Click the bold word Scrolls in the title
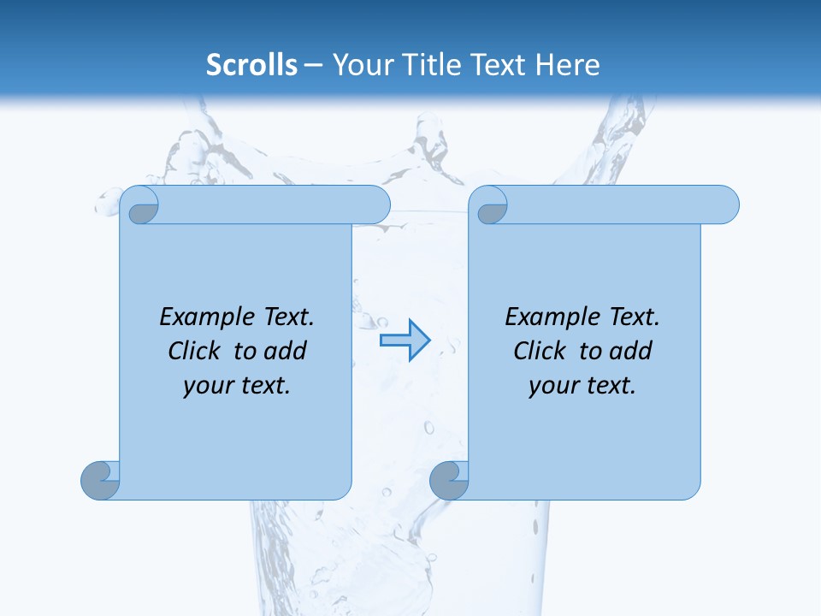(x=251, y=65)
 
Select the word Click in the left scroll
(x=194, y=351)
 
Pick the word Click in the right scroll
(x=540, y=351)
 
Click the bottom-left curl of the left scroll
(x=99, y=480)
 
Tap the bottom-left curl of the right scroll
(x=448, y=480)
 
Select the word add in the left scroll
(x=285, y=351)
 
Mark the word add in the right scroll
(x=630, y=351)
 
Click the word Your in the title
(x=357, y=65)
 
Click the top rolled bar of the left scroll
(x=274, y=204)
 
